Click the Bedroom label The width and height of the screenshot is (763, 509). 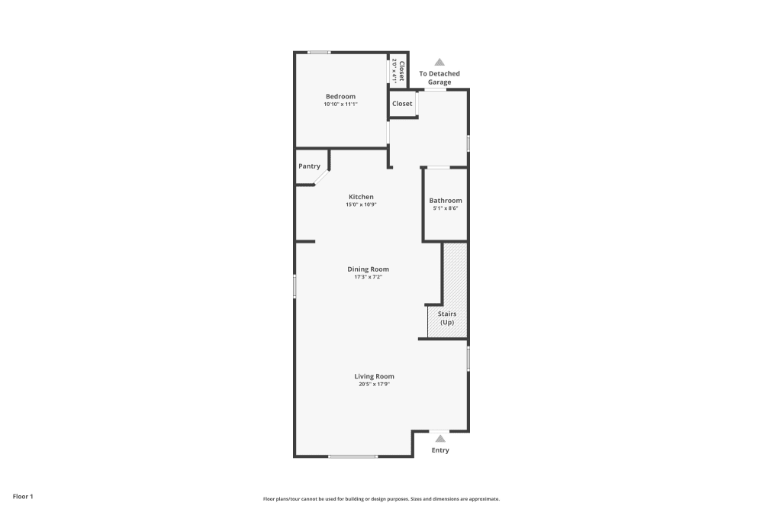340,96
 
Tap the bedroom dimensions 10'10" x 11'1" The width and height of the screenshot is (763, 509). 340,105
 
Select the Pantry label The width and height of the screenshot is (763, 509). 309,166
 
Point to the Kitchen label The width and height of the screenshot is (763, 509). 361,197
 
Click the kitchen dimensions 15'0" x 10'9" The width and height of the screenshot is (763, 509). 361,205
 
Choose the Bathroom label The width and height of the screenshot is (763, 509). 446,201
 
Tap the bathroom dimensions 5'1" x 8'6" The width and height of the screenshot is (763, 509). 446,208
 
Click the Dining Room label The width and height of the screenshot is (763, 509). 369,269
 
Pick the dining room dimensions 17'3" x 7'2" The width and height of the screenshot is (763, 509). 368,277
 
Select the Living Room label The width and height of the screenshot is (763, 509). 374,376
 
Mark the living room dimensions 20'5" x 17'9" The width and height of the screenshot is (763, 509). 374,384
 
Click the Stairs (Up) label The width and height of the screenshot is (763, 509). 447,317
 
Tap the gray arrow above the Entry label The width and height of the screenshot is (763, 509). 440,439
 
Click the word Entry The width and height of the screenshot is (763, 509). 440,450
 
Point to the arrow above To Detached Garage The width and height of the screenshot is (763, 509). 439,63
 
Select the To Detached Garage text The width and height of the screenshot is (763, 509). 439,78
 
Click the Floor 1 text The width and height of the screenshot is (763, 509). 23,497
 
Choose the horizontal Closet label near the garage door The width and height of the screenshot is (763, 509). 402,104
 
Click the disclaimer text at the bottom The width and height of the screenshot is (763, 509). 381,498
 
